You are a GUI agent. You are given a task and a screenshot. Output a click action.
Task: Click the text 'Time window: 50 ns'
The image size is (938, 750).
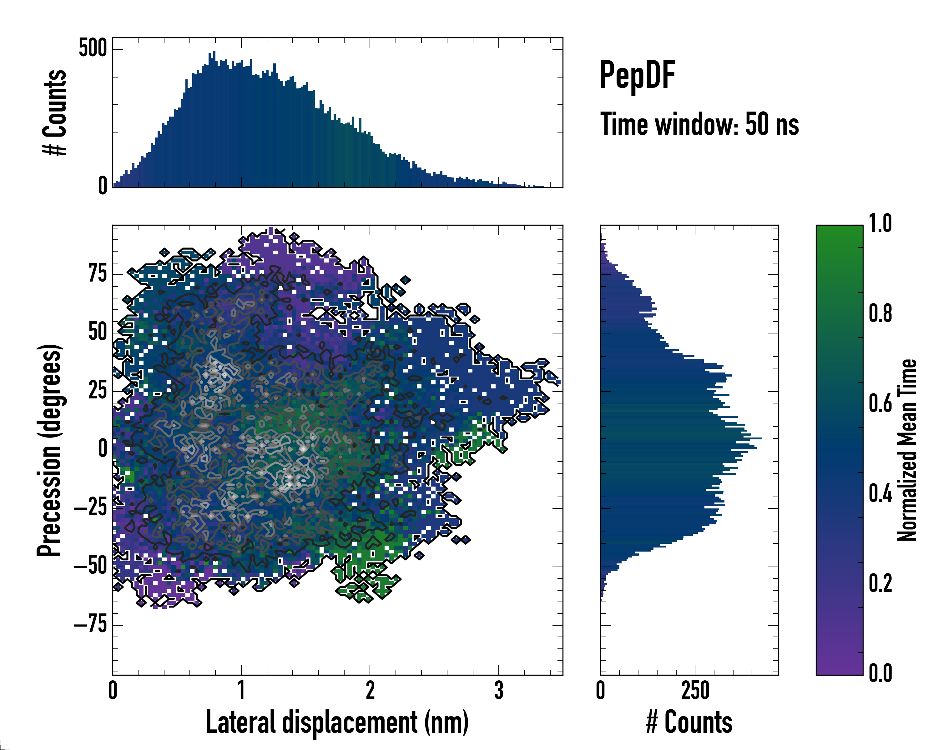[699, 124]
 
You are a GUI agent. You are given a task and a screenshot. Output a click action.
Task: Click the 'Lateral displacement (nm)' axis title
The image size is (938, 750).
[337, 722]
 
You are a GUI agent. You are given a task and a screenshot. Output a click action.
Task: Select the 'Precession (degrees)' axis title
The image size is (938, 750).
[49, 450]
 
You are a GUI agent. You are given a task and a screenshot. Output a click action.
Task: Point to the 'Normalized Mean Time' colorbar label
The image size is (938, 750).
[907, 450]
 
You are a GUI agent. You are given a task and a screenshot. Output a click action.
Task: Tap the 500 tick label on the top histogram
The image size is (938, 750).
[93, 47]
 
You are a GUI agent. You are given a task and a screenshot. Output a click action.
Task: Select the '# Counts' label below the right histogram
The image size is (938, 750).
[689, 722]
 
